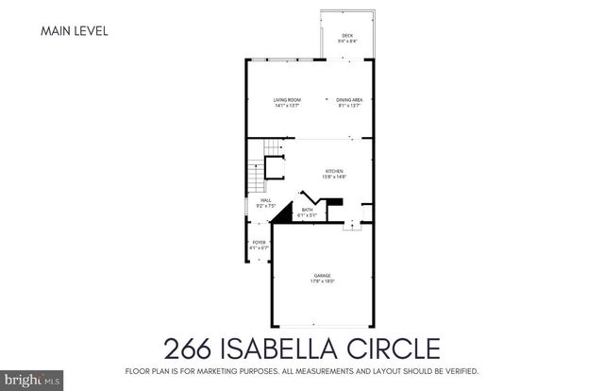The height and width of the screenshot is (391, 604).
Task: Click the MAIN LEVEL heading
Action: point(74,31)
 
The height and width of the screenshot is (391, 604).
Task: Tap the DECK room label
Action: point(347,35)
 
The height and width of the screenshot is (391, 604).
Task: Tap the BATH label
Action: point(307,211)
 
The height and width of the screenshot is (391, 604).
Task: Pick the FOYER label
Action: point(259,243)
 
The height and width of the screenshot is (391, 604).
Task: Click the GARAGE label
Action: point(323,276)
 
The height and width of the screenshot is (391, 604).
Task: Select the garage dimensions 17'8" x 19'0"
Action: point(323,281)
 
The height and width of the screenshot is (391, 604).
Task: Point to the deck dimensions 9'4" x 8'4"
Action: point(347,41)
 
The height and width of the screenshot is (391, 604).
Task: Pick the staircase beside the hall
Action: point(257,170)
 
